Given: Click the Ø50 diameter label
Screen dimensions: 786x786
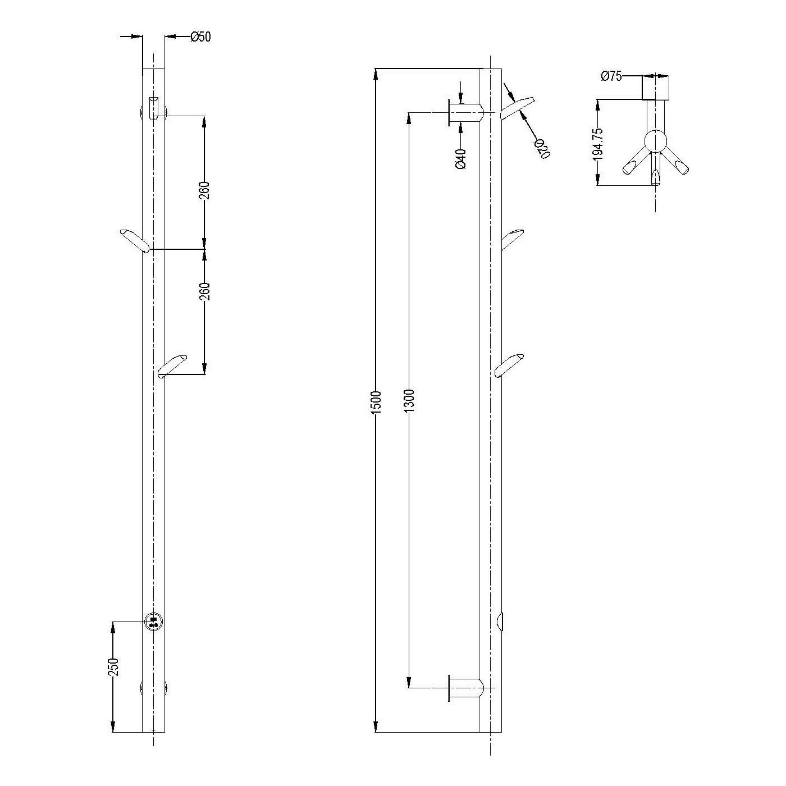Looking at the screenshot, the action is point(200,36).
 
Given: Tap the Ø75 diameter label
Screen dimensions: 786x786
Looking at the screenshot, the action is point(611,76).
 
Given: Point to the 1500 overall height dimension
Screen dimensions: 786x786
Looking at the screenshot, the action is point(376,402).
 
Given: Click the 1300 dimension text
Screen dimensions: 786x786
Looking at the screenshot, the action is point(410,400).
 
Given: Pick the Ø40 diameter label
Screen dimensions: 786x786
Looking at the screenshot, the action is point(460,159).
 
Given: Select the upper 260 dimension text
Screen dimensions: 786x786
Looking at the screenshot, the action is point(205,190).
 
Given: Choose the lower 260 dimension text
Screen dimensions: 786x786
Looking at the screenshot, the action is point(205,291).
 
